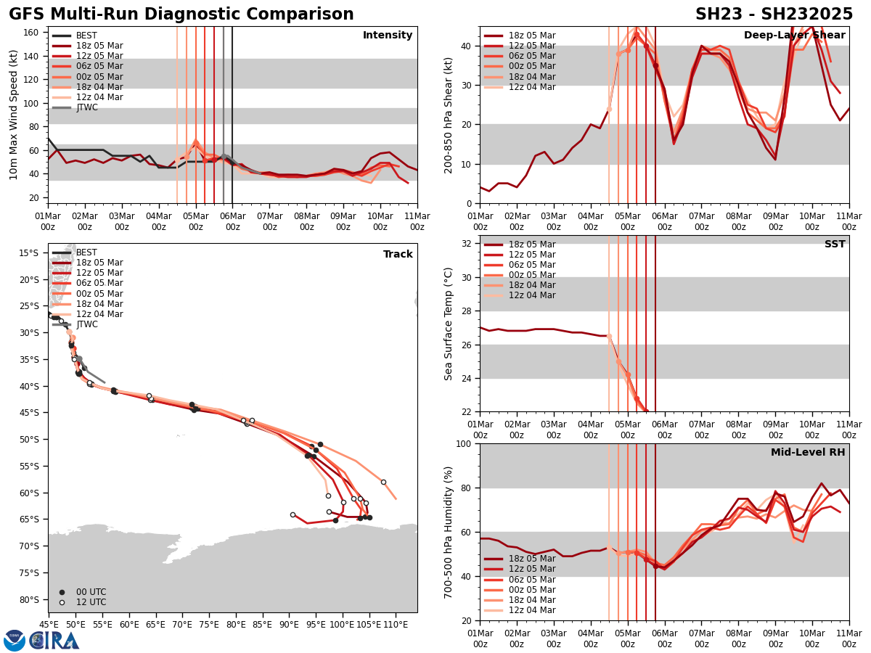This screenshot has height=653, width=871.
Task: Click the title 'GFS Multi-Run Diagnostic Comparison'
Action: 181,15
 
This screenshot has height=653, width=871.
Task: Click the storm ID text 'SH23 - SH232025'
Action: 774,15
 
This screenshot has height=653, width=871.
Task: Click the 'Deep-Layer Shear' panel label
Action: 794,36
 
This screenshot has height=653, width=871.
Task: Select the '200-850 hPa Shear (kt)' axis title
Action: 449,115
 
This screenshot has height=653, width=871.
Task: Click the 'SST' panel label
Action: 834,245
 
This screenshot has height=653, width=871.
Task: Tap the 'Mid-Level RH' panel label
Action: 808,453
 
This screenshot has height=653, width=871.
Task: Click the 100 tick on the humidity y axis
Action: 465,444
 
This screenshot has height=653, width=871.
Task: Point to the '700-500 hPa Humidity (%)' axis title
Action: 449,531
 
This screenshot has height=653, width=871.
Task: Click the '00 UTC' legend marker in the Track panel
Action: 62,592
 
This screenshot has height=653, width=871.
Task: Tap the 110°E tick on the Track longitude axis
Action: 396,623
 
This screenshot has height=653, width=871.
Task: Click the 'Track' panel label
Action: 398,255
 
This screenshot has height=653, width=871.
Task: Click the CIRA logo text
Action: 55,640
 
